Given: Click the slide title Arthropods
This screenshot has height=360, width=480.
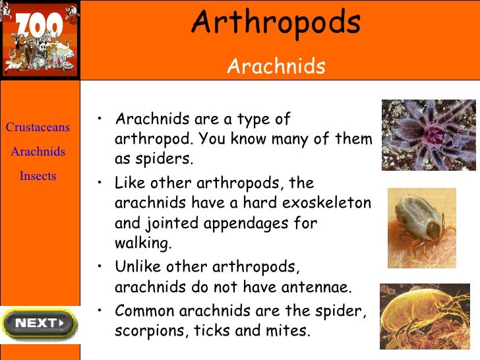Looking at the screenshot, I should tap(276, 24).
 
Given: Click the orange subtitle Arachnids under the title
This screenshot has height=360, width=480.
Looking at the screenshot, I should tap(276, 66).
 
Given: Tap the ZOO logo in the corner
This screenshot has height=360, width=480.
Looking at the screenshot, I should tap(39, 40).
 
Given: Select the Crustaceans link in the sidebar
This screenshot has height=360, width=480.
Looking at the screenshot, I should tap(38, 127).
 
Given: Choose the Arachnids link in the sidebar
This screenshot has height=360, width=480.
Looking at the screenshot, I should tap(38, 152).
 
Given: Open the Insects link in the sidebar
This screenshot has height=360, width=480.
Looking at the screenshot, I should tap(38, 176).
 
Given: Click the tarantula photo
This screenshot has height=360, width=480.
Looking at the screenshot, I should tap(428, 135).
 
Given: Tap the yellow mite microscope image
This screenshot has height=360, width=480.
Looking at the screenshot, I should tap(425, 316).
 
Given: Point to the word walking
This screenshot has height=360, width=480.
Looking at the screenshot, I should tap(142, 244).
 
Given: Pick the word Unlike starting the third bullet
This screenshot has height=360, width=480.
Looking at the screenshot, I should tap(138, 267).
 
